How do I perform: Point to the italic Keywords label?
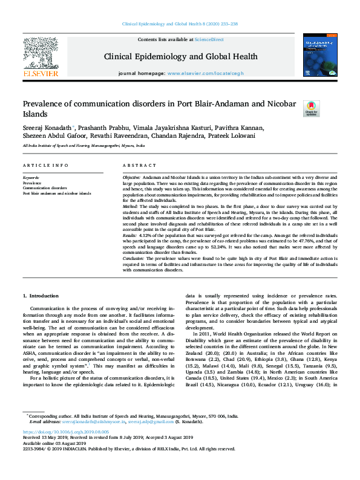pos(31,177)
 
